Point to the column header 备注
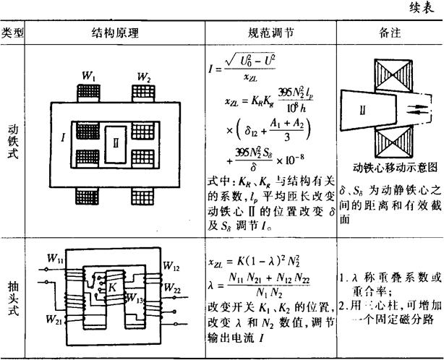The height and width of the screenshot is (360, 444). (x=390, y=33)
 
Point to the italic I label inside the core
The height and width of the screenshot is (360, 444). (x=66, y=134)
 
